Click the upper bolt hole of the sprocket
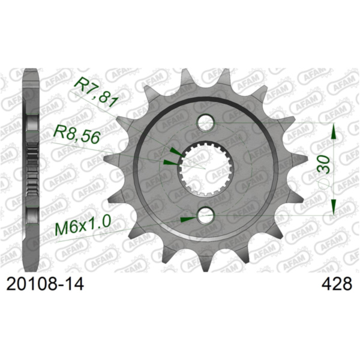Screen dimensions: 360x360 (x=205, y=124)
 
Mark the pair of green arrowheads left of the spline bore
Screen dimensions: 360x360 (x=170, y=156)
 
